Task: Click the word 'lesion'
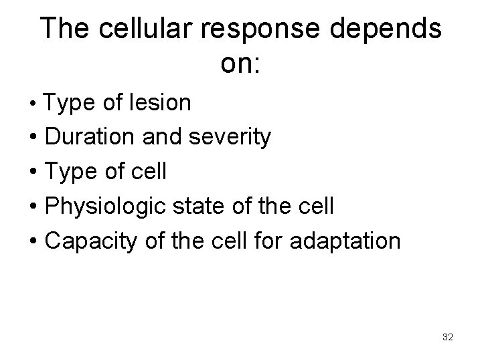pos(163,103)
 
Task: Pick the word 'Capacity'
pos(90,241)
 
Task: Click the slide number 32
pos(448,338)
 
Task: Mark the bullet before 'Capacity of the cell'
pos(32,241)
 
